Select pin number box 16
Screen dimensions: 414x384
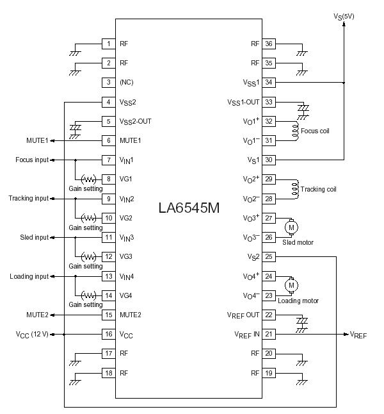(109, 334)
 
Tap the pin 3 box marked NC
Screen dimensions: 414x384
(109, 82)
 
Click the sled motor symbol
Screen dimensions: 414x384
(292, 227)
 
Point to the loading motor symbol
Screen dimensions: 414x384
(292, 285)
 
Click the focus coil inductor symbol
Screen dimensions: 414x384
(295, 131)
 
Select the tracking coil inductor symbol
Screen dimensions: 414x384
(295, 189)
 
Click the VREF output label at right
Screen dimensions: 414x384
(358, 335)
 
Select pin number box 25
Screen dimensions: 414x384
(269, 257)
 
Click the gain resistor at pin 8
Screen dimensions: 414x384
(88, 179)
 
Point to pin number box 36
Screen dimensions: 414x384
(269, 44)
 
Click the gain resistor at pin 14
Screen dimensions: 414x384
(88, 295)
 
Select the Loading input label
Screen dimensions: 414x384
(29, 276)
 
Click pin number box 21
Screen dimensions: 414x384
(269, 334)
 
